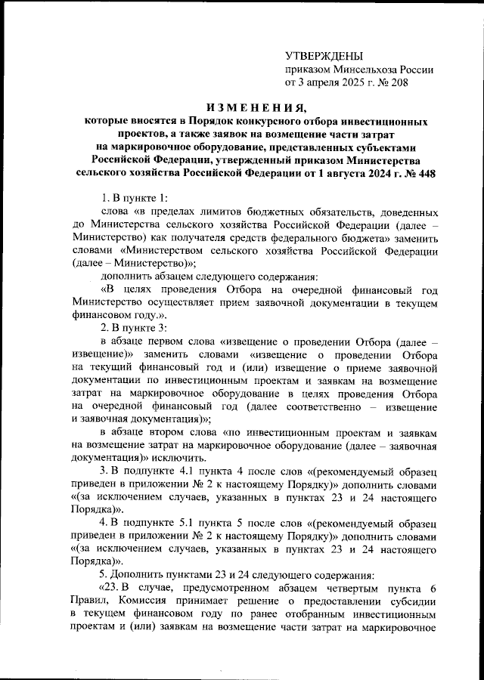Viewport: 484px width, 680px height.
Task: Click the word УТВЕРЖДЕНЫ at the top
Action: point(324,57)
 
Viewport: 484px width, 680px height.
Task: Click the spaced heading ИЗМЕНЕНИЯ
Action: point(249,107)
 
